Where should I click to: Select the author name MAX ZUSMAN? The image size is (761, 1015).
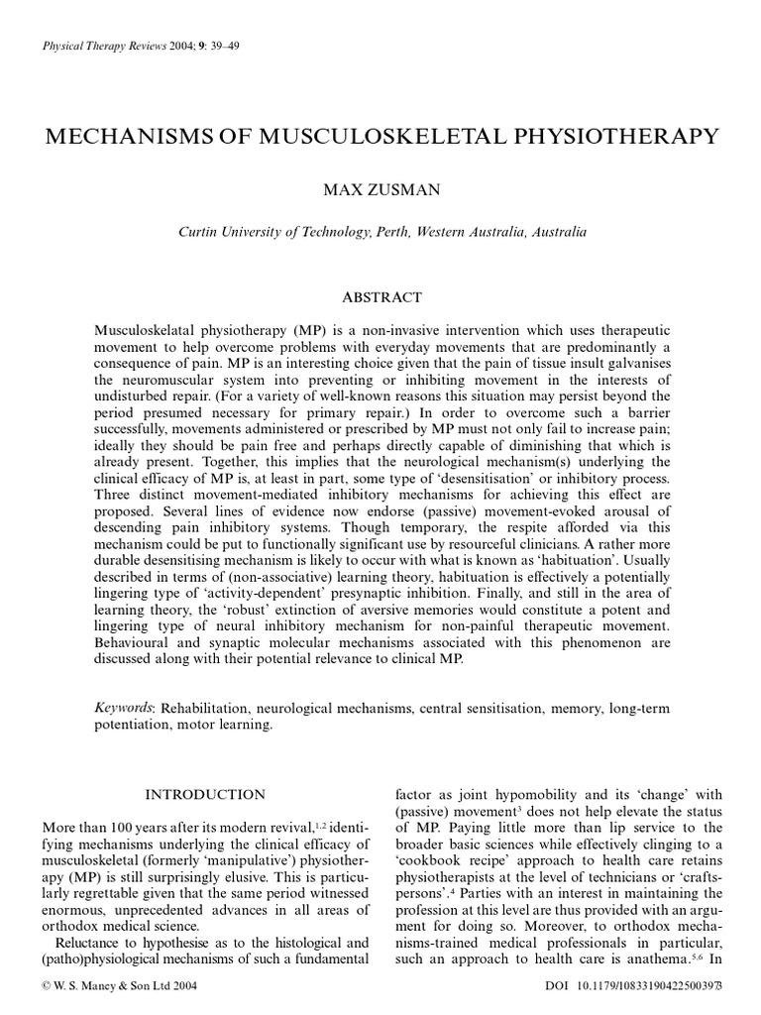click(x=381, y=190)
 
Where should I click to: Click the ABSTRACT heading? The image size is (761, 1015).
click(x=381, y=297)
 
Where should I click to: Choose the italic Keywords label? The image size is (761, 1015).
click(x=126, y=709)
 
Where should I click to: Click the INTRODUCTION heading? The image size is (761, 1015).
click(x=205, y=794)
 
